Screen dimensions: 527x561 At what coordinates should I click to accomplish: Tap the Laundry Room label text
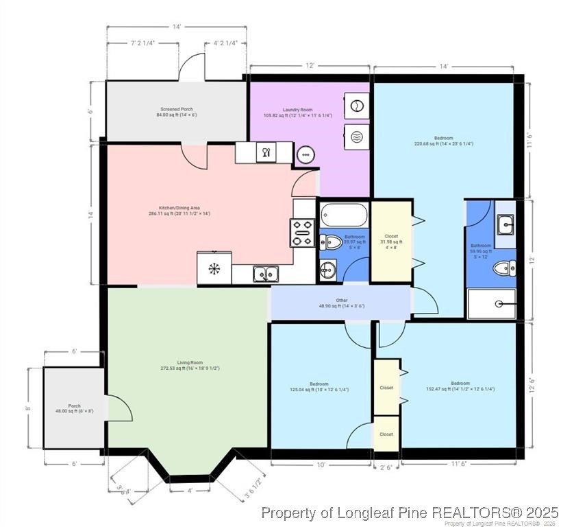(x=297, y=112)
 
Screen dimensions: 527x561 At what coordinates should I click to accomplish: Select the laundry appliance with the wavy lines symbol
(x=356, y=137)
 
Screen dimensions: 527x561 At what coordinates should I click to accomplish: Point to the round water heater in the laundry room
(x=306, y=154)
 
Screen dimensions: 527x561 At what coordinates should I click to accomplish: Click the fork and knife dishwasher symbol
(x=265, y=152)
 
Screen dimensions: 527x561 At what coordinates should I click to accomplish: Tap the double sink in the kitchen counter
(x=266, y=274)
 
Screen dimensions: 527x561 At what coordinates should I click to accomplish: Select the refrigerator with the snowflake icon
(x=214, y=268)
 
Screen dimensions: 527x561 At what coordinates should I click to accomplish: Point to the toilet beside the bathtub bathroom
(x=332, y=242)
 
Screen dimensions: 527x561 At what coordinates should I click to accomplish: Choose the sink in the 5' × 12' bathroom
(x=506, y=223)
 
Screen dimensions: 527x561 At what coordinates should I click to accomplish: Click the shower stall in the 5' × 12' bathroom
(x=490, y=303)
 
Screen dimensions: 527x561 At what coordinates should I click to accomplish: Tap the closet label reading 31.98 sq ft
(x=392, y=240)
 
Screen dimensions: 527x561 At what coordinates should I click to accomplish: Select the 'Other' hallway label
(x=341, y=303)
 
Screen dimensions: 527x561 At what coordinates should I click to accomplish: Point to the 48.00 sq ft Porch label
(x=74, y=408)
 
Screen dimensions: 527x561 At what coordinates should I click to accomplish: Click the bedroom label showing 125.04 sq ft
(x=319, y=386)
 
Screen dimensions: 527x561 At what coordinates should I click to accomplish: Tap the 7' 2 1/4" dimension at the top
(x=142, y=43)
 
